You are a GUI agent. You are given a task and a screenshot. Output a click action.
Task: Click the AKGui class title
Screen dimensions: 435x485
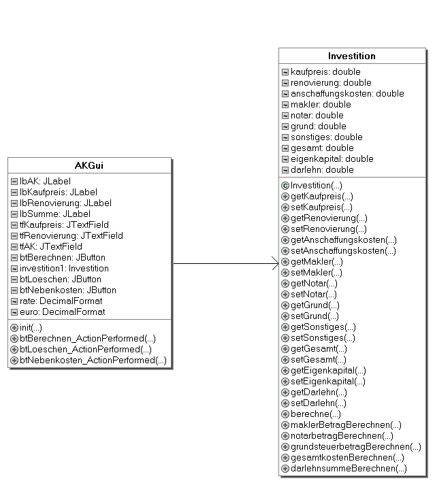coord(89,165)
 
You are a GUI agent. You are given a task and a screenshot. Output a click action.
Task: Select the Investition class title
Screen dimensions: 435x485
coord(352,56)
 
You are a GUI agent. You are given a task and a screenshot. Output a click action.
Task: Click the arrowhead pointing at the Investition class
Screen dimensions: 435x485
coord(275,263)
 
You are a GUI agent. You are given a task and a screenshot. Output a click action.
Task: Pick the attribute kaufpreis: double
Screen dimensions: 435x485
coord(325,71)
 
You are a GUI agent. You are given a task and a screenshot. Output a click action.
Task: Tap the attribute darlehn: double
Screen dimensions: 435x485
coord(322,170)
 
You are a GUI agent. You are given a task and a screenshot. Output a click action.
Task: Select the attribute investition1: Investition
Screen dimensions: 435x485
coord(64,269)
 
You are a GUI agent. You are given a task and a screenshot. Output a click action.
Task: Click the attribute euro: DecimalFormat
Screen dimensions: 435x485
coord(62,312)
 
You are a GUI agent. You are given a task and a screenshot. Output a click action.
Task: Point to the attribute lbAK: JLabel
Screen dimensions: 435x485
coord(45,181)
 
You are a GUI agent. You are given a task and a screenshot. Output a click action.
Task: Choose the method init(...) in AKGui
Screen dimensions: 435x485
coord(31,328)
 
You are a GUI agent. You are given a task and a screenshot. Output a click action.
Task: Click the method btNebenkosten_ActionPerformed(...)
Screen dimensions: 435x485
coord(93,361)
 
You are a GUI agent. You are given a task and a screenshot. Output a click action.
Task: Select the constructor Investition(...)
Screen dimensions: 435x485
coord(316,186)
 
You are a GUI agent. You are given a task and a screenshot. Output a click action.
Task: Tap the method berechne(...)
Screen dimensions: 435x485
coord(315,414)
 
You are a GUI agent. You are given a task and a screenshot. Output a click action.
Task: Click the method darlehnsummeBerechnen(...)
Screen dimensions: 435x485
coord(349,468)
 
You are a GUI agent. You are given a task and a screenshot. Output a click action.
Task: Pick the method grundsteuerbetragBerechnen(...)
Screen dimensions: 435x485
coord(356,447)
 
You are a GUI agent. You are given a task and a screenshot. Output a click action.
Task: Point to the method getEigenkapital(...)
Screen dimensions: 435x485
coord(328,371)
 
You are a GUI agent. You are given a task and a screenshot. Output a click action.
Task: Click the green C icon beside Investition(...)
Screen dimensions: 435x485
coord(285,186)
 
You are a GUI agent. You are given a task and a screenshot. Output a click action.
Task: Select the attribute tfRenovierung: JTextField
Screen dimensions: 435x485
coord(71,235)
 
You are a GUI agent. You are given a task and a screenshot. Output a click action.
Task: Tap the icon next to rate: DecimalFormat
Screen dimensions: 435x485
coord(14,301)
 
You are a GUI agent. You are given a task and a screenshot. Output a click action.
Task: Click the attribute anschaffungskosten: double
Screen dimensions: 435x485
coord(347,94)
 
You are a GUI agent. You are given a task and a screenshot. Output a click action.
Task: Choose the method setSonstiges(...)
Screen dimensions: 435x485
coord(323,338)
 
